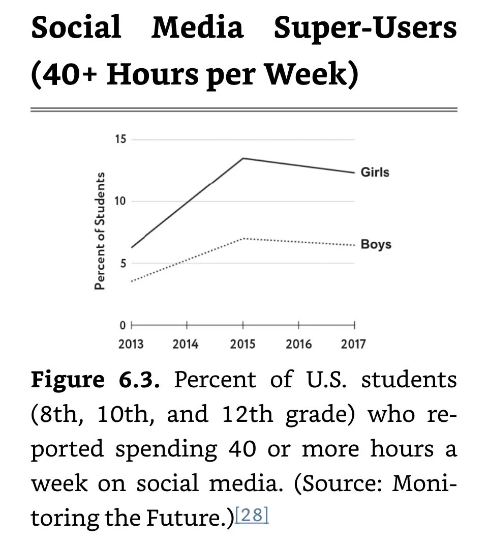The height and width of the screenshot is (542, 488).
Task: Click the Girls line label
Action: point(375,172)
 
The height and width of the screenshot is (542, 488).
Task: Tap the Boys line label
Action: point(376,244)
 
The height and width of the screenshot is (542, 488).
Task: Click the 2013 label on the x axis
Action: point(131,345)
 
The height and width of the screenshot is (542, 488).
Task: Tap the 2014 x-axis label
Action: point(186,345)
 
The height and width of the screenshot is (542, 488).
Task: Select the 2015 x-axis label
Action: point(242,345)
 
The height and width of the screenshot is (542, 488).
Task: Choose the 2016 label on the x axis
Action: point(298,345)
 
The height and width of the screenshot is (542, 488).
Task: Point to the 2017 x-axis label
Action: point(353,345)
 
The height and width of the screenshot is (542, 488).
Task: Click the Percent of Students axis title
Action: point(100,232)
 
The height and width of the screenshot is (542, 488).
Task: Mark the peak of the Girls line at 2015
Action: point(243,158)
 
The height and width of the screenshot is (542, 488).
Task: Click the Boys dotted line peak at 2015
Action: point(243,238)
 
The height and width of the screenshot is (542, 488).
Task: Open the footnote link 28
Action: point(252,516)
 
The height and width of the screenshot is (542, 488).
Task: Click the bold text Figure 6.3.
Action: point(95,380)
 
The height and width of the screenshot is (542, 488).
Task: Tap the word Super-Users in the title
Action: point(365,28)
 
